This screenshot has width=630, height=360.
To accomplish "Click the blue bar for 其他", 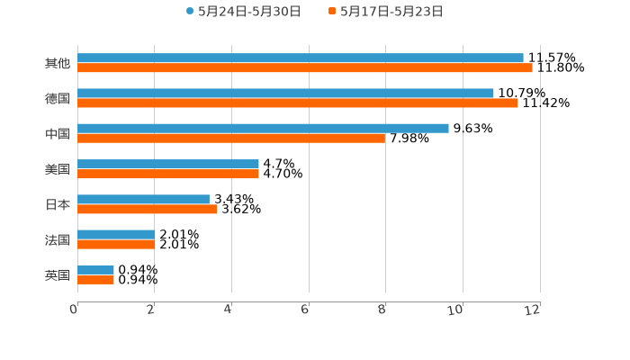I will click(301, 58).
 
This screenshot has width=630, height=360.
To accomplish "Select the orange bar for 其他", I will click(305, 68).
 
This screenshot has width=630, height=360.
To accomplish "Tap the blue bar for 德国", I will click(285, 94).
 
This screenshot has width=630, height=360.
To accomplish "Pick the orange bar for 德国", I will click(298, 103).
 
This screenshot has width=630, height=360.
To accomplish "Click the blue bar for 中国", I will click(263, 129).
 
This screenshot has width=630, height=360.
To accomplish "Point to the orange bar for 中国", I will click(231, 139).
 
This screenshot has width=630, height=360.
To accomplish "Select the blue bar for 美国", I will click(168, 165).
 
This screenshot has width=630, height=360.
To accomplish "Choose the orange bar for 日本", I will click(148, 210).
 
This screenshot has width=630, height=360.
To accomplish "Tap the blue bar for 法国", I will click(116, 235).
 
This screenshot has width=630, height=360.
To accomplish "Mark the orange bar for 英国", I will click(95, 280).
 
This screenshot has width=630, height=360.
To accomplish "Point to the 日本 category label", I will click(58, 204).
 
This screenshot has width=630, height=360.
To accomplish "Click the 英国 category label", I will click(58, 274).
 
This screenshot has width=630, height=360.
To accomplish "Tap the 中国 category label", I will click(58, 133).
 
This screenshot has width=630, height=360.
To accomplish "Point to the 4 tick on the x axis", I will click(229, 310).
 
